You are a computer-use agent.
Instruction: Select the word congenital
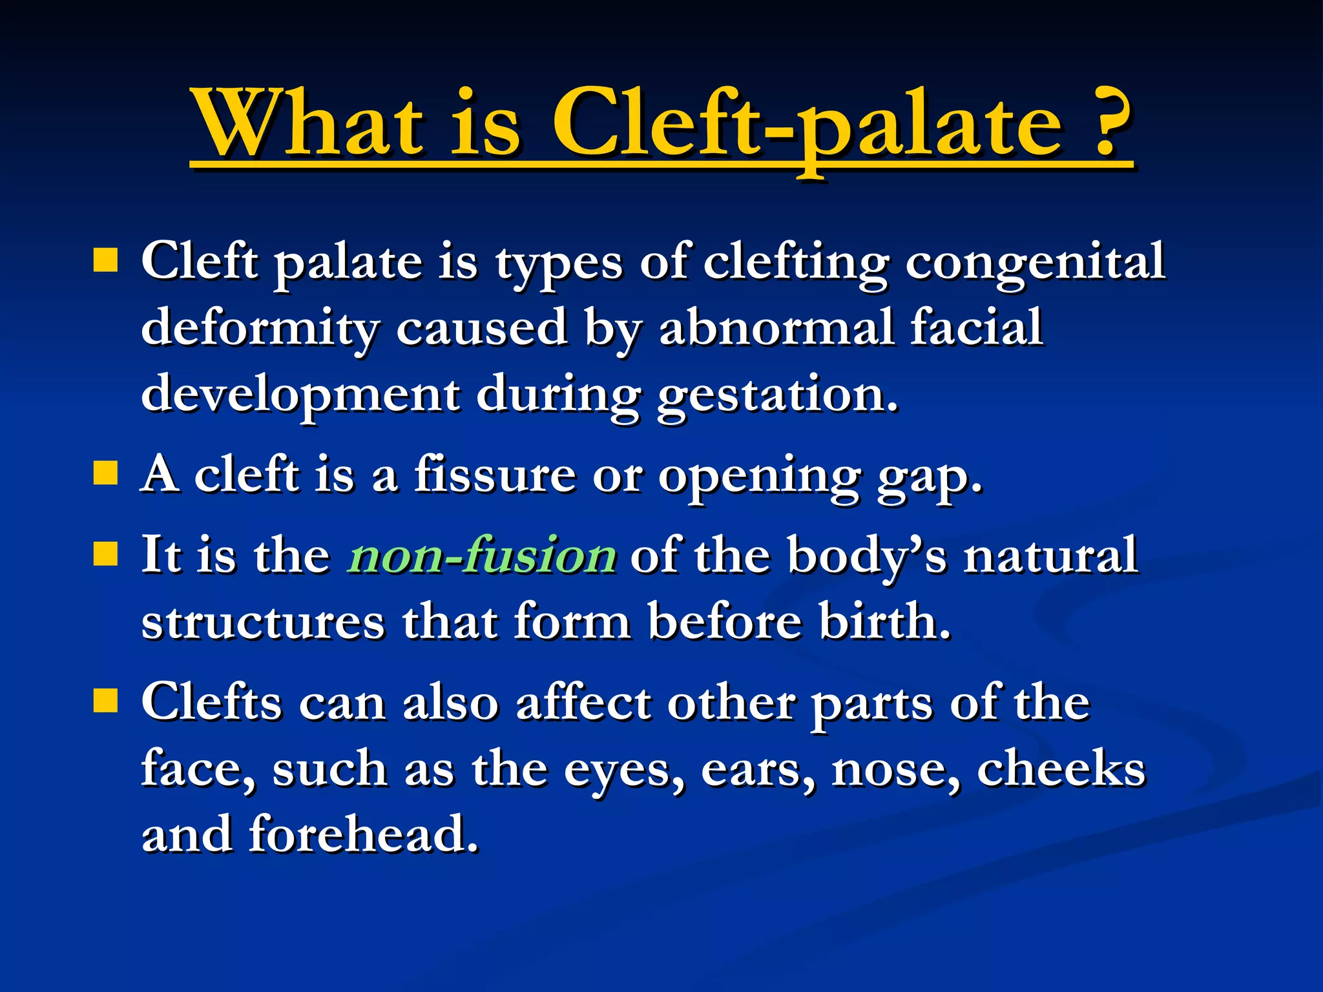tap(1035, 262)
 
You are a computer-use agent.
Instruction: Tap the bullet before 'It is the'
tap(105, 553)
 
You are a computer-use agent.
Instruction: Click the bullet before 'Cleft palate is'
tap(105, 260)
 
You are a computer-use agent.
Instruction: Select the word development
tap(300, 395)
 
